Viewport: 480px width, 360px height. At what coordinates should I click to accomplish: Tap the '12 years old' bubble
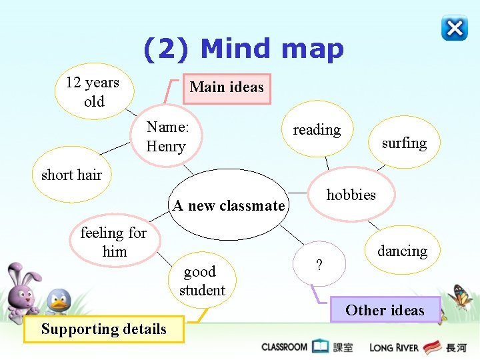click(x=93, y=92)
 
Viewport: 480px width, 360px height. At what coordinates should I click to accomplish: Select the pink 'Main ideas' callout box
click(x=227, y=88)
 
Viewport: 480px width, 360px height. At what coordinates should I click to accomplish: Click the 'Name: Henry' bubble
click(x=169, y=136)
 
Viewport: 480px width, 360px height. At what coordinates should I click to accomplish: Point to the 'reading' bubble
click(x=317, y=130)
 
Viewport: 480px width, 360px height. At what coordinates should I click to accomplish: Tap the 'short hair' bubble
click(x=71, y=175)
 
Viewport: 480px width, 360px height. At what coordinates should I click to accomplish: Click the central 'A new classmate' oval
click(x=229, y=205)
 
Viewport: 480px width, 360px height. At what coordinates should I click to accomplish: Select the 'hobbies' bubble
click(x=351, y=195)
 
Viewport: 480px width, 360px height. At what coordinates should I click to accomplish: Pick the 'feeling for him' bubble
click(x=113, y=242)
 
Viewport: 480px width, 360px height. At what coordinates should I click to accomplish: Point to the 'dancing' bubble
click(x=402, y=251)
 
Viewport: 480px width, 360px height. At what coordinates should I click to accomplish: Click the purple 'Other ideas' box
click(x=385, y=310)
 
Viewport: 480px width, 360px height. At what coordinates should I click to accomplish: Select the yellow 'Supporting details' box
click(x=103, y=329)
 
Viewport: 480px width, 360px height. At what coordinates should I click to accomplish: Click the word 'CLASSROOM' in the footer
click(x=285, y=347)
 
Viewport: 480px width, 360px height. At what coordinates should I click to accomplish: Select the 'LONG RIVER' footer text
click(x=394, y=347)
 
